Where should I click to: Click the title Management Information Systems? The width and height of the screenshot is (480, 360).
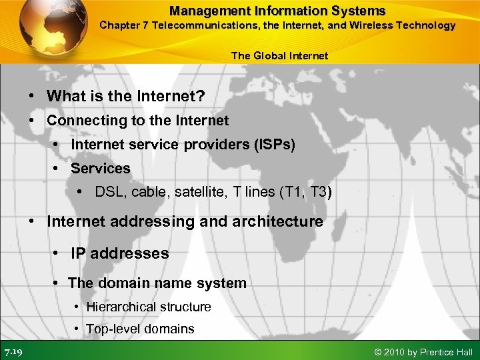[x=277, y=11]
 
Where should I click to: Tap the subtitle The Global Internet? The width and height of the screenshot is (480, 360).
[x=279, y=56]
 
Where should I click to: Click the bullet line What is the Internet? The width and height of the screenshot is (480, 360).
[x=125, y=96]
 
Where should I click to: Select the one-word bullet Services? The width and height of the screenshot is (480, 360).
[x=100, y=169]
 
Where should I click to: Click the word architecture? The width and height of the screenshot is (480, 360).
[x=276, y=221]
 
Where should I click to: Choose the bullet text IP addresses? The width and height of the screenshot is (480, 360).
[x=119, y=253]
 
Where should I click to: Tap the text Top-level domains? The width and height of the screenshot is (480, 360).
[x=139, y=329]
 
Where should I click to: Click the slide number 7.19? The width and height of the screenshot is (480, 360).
[x=13, y=351]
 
